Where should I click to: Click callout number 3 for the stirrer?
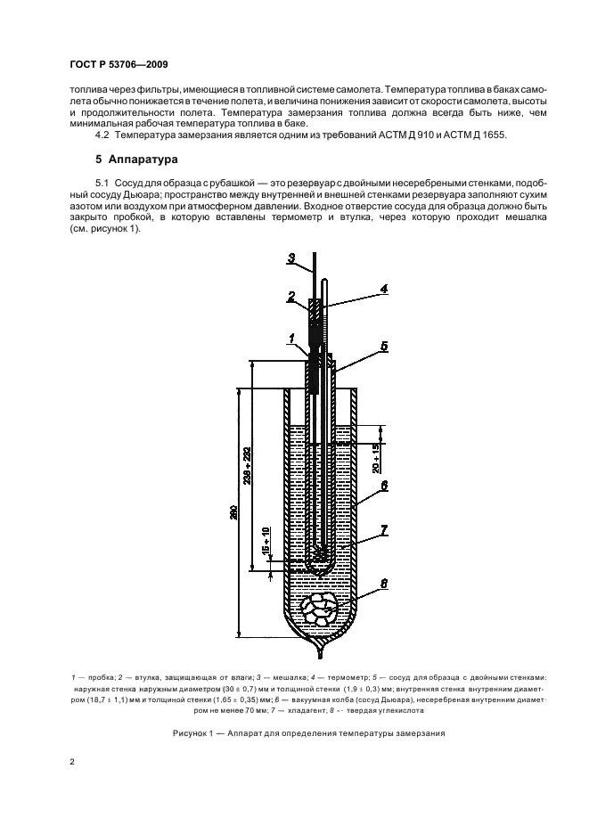[x=290, y=259]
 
